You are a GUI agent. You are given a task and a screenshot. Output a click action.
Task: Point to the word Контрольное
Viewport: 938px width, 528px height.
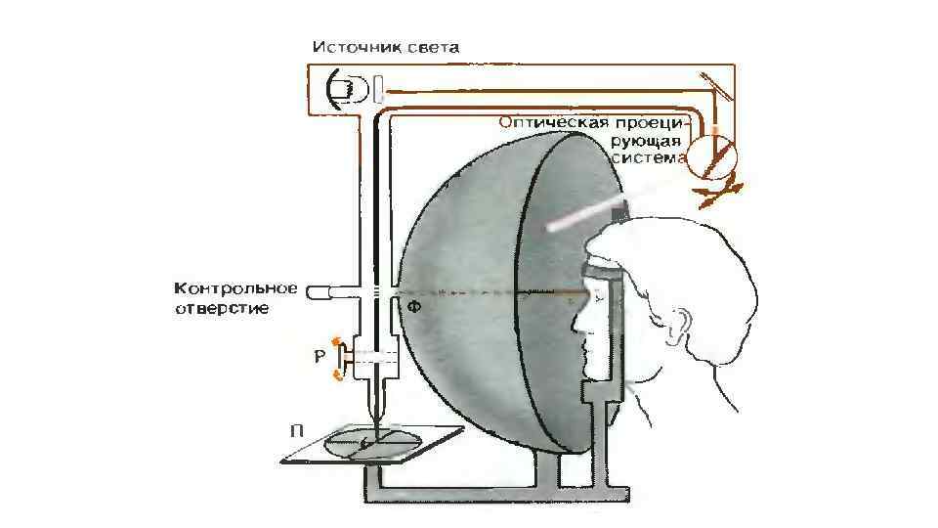point(235,288)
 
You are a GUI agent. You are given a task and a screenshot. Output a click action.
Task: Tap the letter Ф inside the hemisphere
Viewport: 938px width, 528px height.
point(414,307)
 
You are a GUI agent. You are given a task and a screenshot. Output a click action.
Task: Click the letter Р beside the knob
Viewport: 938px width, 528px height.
point(320,358)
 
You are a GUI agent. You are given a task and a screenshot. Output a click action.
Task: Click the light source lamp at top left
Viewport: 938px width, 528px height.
point(344,89)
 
